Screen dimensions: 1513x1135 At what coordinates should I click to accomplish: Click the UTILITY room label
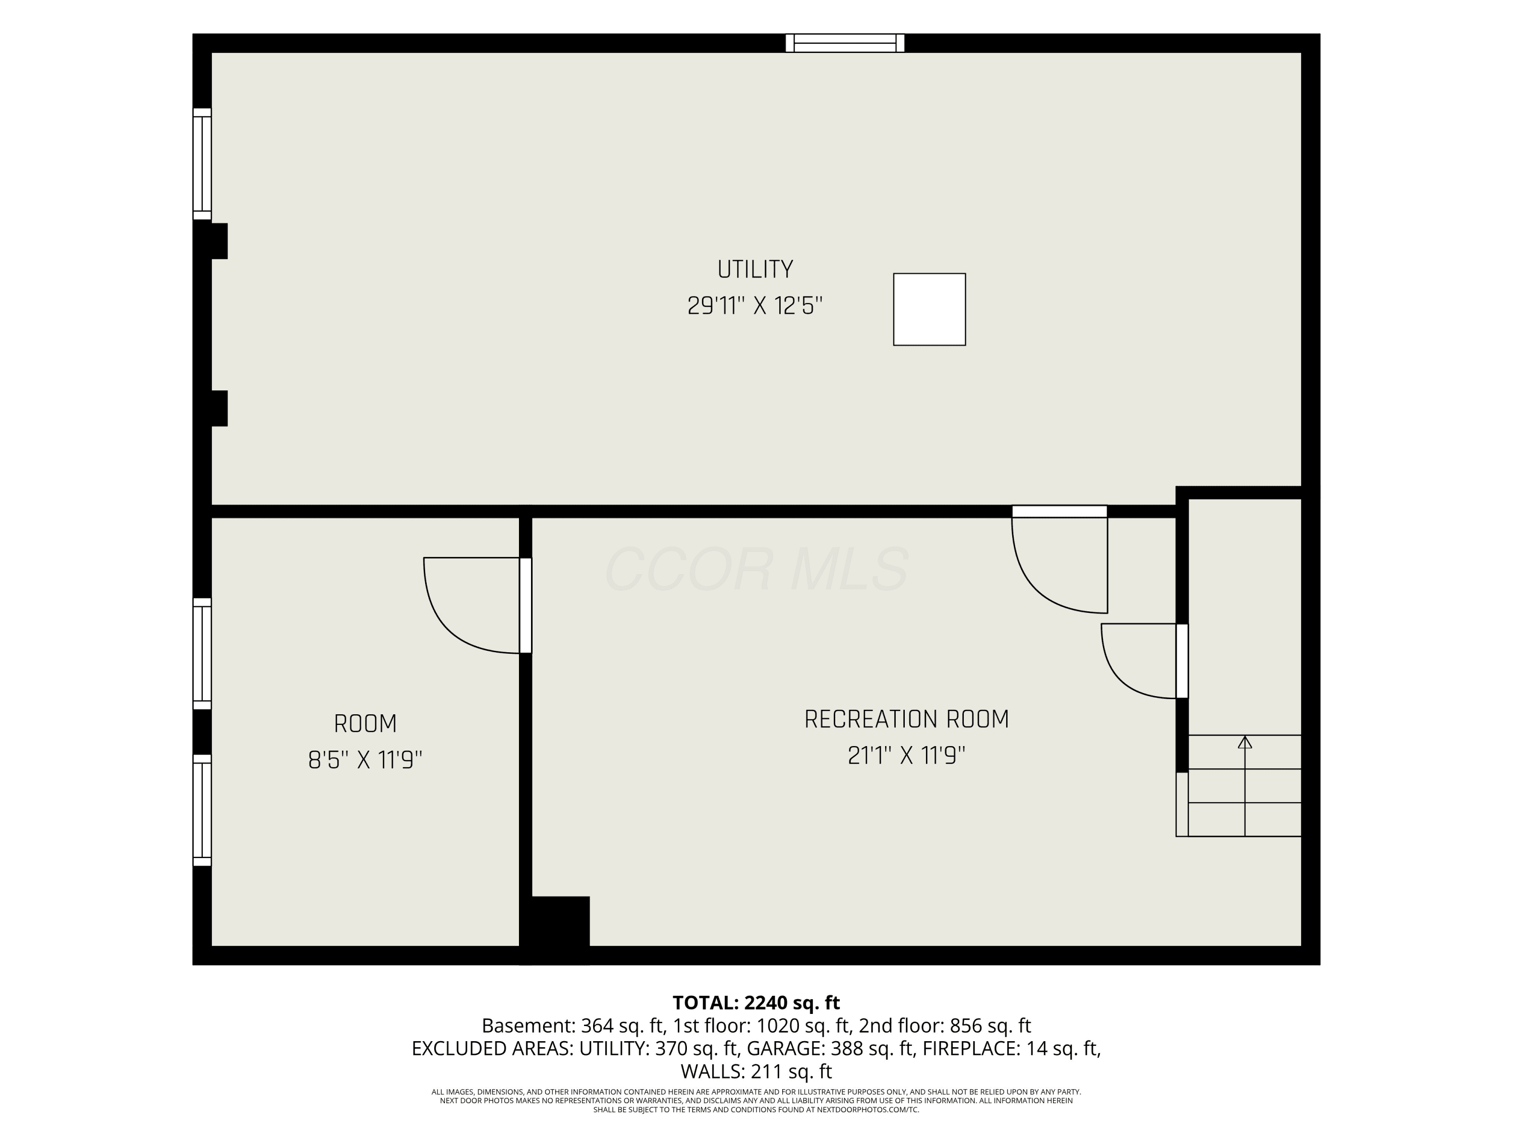click(x=755, y=269)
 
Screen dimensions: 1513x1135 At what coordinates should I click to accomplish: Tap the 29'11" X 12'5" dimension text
click(x=755, y=306)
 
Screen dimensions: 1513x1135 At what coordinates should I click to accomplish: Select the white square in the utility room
click(x=929, y=309)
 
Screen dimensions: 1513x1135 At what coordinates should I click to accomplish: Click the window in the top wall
click(x=845, y=43)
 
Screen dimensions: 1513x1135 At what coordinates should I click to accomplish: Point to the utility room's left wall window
click(x=202, y=164)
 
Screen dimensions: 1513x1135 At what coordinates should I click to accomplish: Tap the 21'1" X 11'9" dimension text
click(x=906, y=756)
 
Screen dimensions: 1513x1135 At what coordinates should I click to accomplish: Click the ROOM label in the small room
click(x=365, y=723)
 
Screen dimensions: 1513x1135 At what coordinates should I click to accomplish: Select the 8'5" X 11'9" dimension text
click(x=365, y=760)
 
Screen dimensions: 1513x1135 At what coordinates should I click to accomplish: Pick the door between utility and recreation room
click(x=1060, y=559)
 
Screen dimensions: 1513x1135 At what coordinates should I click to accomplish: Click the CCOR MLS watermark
click(x=756, y=569)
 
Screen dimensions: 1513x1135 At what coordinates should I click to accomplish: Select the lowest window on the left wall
click(x=202, y=810)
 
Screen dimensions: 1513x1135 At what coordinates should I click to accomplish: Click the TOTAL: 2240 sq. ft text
click(x=756, y=1002)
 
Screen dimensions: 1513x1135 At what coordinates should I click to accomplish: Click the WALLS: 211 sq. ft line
click(x=756, y=1071)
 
